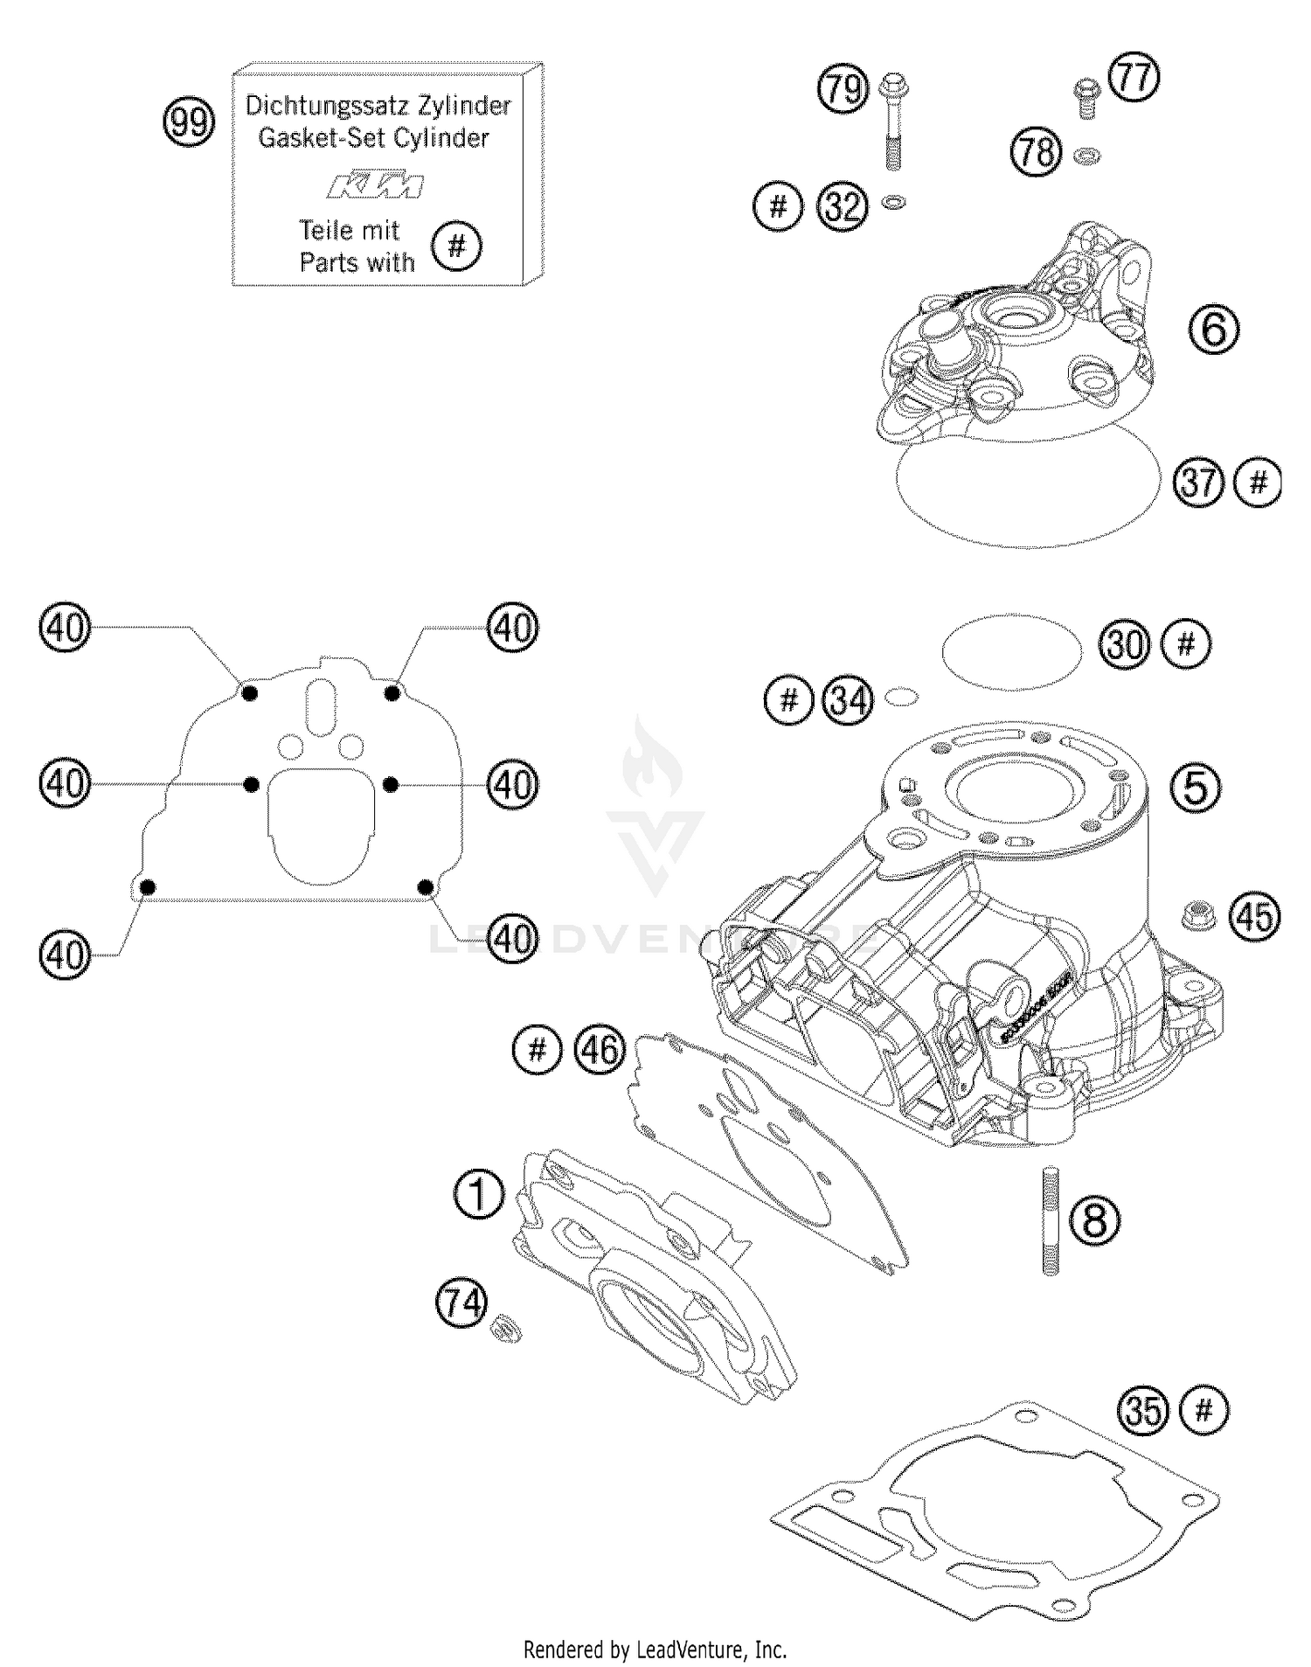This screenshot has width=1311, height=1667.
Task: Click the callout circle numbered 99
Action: [x=189, y=122]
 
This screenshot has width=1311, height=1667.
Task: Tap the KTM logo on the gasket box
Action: [x=376, y=186]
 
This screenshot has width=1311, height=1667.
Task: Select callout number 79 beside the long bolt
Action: [x=843, y=88]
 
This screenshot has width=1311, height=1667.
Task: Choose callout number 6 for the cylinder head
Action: [x=1214, y=329]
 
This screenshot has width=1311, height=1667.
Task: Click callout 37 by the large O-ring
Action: [x=1198, y=482]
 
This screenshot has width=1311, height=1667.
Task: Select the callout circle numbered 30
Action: [x=1125, y=644]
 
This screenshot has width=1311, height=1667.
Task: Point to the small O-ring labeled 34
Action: [x=901, y=697]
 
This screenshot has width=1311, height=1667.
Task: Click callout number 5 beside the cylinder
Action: [x=1195, y=787]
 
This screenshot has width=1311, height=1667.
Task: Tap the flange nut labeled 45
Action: [x=1193, y=915]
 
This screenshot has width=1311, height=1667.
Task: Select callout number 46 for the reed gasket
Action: [x=600, y=1049]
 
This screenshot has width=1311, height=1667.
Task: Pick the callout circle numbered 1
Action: [x=479, y=1194]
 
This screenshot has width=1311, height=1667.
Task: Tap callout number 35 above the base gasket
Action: [x=1143, y=1410]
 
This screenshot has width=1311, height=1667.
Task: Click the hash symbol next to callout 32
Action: [x=778, y=207]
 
